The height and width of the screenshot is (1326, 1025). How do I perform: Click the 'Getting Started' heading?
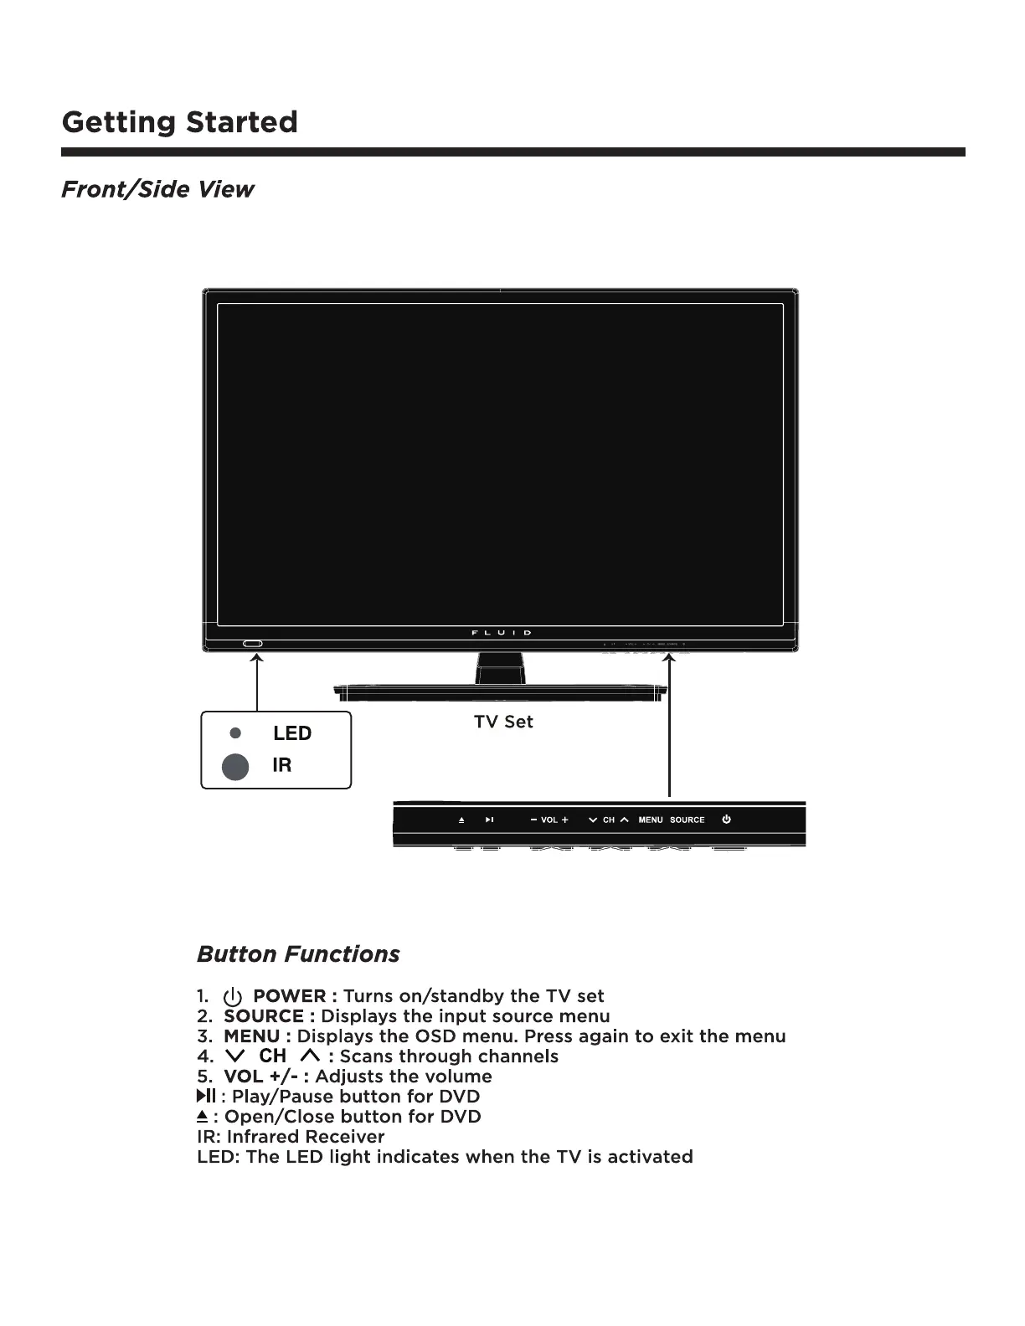click(179, 123)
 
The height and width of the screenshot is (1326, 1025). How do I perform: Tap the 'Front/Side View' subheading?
click(157, 189)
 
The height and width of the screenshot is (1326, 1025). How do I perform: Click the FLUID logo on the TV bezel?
click(501, 633)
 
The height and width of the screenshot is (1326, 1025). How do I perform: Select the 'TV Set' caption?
click(503, 722)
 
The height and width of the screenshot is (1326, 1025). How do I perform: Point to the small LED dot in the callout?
click(235, 732)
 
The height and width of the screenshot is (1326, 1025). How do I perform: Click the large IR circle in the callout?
click(235, 766)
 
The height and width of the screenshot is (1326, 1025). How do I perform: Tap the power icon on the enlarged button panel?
click(726, 820)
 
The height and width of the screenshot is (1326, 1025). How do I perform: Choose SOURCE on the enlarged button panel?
click(687, 820)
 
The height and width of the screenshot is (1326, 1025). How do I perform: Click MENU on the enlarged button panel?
click(651, 820)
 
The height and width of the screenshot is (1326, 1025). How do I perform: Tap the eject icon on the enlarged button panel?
click(461, 820)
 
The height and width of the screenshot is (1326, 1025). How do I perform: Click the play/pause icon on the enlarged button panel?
click(489, 820)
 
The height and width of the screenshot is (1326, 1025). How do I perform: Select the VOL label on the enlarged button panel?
click(549, 820)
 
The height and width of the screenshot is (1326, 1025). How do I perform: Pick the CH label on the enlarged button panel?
click(609, 820)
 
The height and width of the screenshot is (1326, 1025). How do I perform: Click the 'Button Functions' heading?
click(298, 954)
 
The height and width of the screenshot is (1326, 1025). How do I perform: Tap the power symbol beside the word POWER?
click(233, 997)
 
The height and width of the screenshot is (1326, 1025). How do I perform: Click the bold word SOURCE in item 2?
click(264, 1016)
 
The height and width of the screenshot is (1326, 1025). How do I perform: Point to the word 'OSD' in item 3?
click(435, 1036)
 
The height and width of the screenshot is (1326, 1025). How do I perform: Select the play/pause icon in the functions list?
click(206, 1097)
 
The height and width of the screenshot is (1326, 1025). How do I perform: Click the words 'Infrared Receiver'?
click(306, 1137)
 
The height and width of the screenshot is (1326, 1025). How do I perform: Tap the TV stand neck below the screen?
click(501, 668)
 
